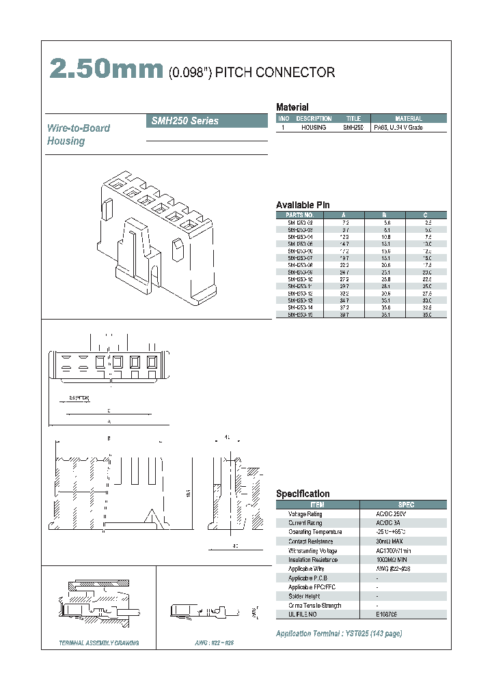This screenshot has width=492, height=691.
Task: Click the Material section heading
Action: [292, 107]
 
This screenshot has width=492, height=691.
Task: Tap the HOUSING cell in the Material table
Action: [314, 128]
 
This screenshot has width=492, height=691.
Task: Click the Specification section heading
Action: [303, 494]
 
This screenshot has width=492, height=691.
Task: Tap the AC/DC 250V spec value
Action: [390, 513]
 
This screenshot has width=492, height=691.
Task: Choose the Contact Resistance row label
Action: [311, 541]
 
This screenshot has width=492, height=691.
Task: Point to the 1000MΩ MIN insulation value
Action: [392, 559]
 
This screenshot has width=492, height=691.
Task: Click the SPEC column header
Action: [405, 505]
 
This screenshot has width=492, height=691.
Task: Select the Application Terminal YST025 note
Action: [338, 634]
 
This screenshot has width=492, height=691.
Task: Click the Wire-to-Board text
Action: [78, 128]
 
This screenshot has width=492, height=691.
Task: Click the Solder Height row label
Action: [305, 596]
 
